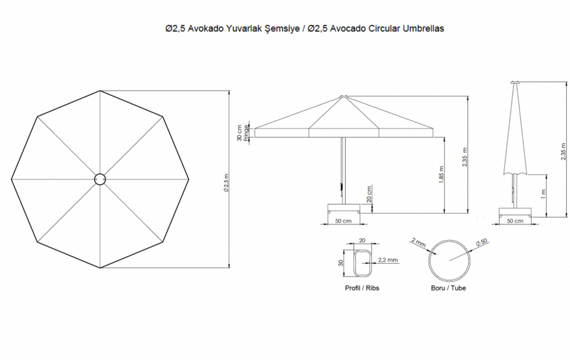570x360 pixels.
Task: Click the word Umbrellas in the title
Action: point(422,28)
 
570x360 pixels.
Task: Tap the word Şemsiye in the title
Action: point(278,28)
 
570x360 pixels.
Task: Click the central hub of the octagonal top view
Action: point(100,179)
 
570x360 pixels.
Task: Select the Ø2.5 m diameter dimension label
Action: point(226,183)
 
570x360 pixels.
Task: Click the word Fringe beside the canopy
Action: point(247,132)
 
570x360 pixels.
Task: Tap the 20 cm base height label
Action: point(369,194)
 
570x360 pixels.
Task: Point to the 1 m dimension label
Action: point(544,194)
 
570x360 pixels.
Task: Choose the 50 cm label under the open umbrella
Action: point(343,221)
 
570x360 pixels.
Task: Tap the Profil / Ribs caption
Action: point(362,288)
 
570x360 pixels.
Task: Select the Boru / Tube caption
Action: point(448,288)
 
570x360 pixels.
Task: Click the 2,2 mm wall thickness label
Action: point(388,260)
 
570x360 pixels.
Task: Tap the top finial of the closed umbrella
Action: point(515,83)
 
